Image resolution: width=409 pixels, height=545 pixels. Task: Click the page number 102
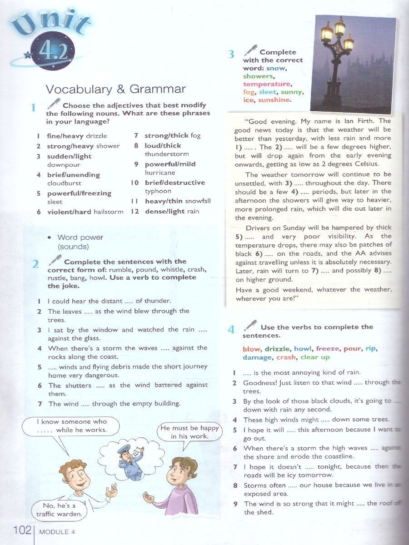click(x=22, y=530)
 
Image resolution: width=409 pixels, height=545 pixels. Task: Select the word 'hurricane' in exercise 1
click(x=160, y=173)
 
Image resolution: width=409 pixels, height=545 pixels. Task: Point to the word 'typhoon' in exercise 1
click(x=158, y=191)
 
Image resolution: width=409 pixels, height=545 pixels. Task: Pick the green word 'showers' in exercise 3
click(x=258, y=76)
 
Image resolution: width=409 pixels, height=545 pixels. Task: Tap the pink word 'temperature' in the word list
click(x=266, y=84)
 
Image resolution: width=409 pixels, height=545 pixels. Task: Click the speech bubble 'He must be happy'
click(x=190, y=432)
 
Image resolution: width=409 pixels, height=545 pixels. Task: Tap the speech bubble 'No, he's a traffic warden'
click(x=59, y=510)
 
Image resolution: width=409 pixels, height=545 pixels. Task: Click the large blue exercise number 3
click(x=231, y=54)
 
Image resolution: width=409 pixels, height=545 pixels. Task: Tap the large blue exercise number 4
click(x=231, y=329)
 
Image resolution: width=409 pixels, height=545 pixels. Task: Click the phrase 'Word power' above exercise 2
click(x=80, y=238)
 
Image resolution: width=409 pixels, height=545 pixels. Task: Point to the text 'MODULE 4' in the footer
click(x=57, y=532)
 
